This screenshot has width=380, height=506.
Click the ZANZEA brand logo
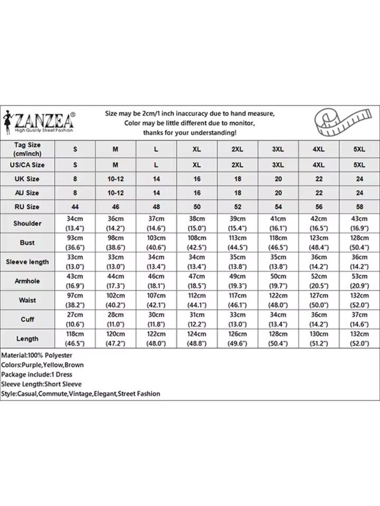pos(39,122)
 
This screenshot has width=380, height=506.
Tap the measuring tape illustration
pos(343,122)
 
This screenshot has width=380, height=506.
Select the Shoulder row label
pos(27,224)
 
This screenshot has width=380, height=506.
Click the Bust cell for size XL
pos(197,242)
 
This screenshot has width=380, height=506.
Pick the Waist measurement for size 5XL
pos(359,300)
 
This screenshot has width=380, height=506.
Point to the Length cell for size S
pos(75,339)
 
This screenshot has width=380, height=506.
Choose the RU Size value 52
pos(237,207)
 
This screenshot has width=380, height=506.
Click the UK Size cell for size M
pos(115,179)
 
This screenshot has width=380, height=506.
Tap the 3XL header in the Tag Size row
pos(278,149)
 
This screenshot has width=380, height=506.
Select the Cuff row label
pos(27,319)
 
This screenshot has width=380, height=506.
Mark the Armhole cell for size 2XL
pos(237,281)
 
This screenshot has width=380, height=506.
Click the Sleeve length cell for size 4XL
pos(319,262)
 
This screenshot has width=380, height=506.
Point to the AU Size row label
pos(27,193)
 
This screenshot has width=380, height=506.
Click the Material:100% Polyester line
pos(37,355)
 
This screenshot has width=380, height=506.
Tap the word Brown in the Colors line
pos(74,365)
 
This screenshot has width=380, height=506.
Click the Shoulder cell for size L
pos(156,224)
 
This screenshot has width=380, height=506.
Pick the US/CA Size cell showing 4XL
pos(319,165)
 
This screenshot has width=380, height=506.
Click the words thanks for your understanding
pos(190,133)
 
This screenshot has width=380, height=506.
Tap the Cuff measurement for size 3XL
pos(278,319)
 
